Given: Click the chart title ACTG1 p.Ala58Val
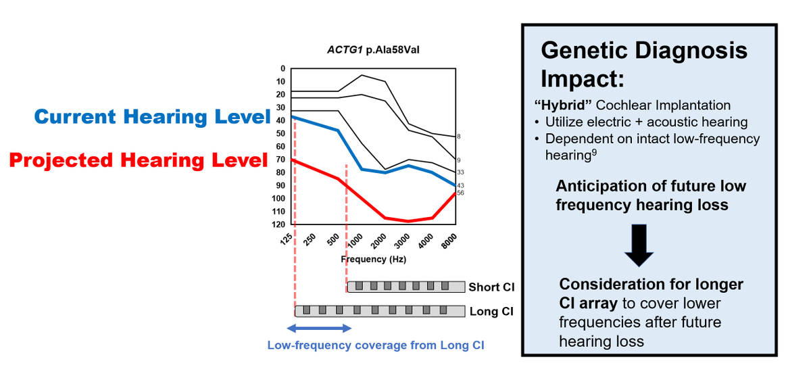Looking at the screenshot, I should pos(368,50).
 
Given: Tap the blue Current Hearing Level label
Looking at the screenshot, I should pos(152,117).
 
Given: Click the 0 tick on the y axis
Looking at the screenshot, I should pos(282,68).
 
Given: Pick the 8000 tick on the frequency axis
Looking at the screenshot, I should pos(449,241).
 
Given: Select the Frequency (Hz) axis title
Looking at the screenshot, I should pos(374,259).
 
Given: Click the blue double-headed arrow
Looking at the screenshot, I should pos(320,329).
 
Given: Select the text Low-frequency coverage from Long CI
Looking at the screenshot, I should pos(376,345).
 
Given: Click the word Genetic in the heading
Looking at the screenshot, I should pos(589,51).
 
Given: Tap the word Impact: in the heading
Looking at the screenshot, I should pos(582,79).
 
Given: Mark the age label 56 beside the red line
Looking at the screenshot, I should pos(460,193).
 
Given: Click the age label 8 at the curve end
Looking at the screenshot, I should pos(459,137).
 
